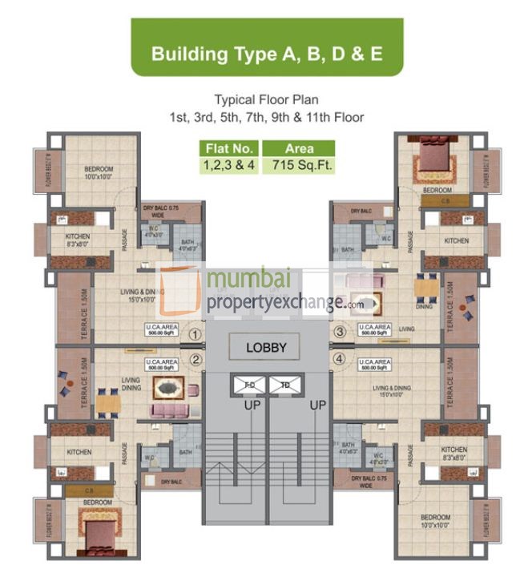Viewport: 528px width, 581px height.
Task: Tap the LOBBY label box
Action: click(x=267, y=348)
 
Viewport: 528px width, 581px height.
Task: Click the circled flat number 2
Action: click(x=195, y=359)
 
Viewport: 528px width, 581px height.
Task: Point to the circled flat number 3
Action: click(x=339, y=332)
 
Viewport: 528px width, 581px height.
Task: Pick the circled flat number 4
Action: click(x=339, y=359)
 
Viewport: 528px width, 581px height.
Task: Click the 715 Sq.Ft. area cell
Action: click(x=300, y=165)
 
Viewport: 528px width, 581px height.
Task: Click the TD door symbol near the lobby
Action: click(x=284, y=385)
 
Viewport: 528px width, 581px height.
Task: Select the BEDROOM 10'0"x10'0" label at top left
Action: click(x=99, y=172)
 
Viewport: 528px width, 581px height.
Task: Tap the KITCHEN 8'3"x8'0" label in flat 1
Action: click(x=78, y=241)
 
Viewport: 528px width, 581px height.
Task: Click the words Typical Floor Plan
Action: click(x=266, y=100)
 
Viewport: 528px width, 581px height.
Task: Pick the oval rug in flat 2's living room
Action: click(x=170, y=389)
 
